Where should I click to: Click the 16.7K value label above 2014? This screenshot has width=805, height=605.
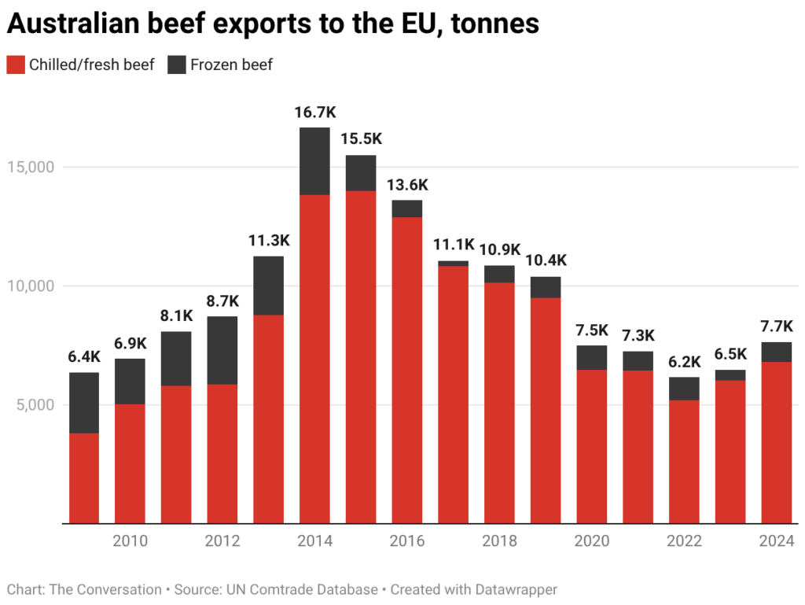(x=314, y=113)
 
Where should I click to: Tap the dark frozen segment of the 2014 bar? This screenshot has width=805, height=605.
(x=314, y=160)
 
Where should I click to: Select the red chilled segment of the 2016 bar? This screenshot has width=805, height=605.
(x=407, y=370)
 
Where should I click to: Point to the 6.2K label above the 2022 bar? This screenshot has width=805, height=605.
(x=685, y=362)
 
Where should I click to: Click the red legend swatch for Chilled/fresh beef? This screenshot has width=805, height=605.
(x=16, y=65)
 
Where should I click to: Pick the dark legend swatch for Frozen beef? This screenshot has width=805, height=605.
(x=177, y=65)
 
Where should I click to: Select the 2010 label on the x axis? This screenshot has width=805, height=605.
(x=130, y=541)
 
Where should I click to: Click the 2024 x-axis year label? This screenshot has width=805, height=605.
(x=777, y=541)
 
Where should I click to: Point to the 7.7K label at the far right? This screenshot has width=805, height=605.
(x=777, y=326)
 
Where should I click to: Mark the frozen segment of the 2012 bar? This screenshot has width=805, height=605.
(x=222, y=350)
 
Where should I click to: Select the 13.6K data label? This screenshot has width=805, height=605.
(x=407, y=185)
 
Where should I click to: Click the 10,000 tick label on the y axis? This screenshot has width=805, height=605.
(x=31, y=286)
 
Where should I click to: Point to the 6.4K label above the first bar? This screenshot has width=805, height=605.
(x=84, y=357)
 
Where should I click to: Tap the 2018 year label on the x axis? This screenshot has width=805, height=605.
(x=500, y=541)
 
